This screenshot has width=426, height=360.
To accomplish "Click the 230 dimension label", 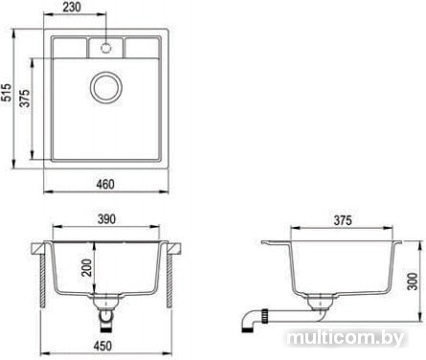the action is click(x=72, y=7).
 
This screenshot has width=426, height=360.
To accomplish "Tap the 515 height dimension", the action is click(x=6, y=93).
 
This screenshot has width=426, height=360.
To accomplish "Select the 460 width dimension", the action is click(x=105, y=185).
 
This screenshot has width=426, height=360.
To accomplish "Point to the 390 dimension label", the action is click(x=106, y=219).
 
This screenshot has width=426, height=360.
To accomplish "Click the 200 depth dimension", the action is click(x=86, y=267).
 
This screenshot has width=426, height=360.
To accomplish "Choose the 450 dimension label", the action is click(x=102, y=346).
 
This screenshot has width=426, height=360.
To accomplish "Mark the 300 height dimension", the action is click(x=413, y=281).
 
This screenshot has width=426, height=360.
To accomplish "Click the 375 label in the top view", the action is click(x=25, y=98).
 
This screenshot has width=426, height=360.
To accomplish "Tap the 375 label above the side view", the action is click(x=342, y=220).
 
